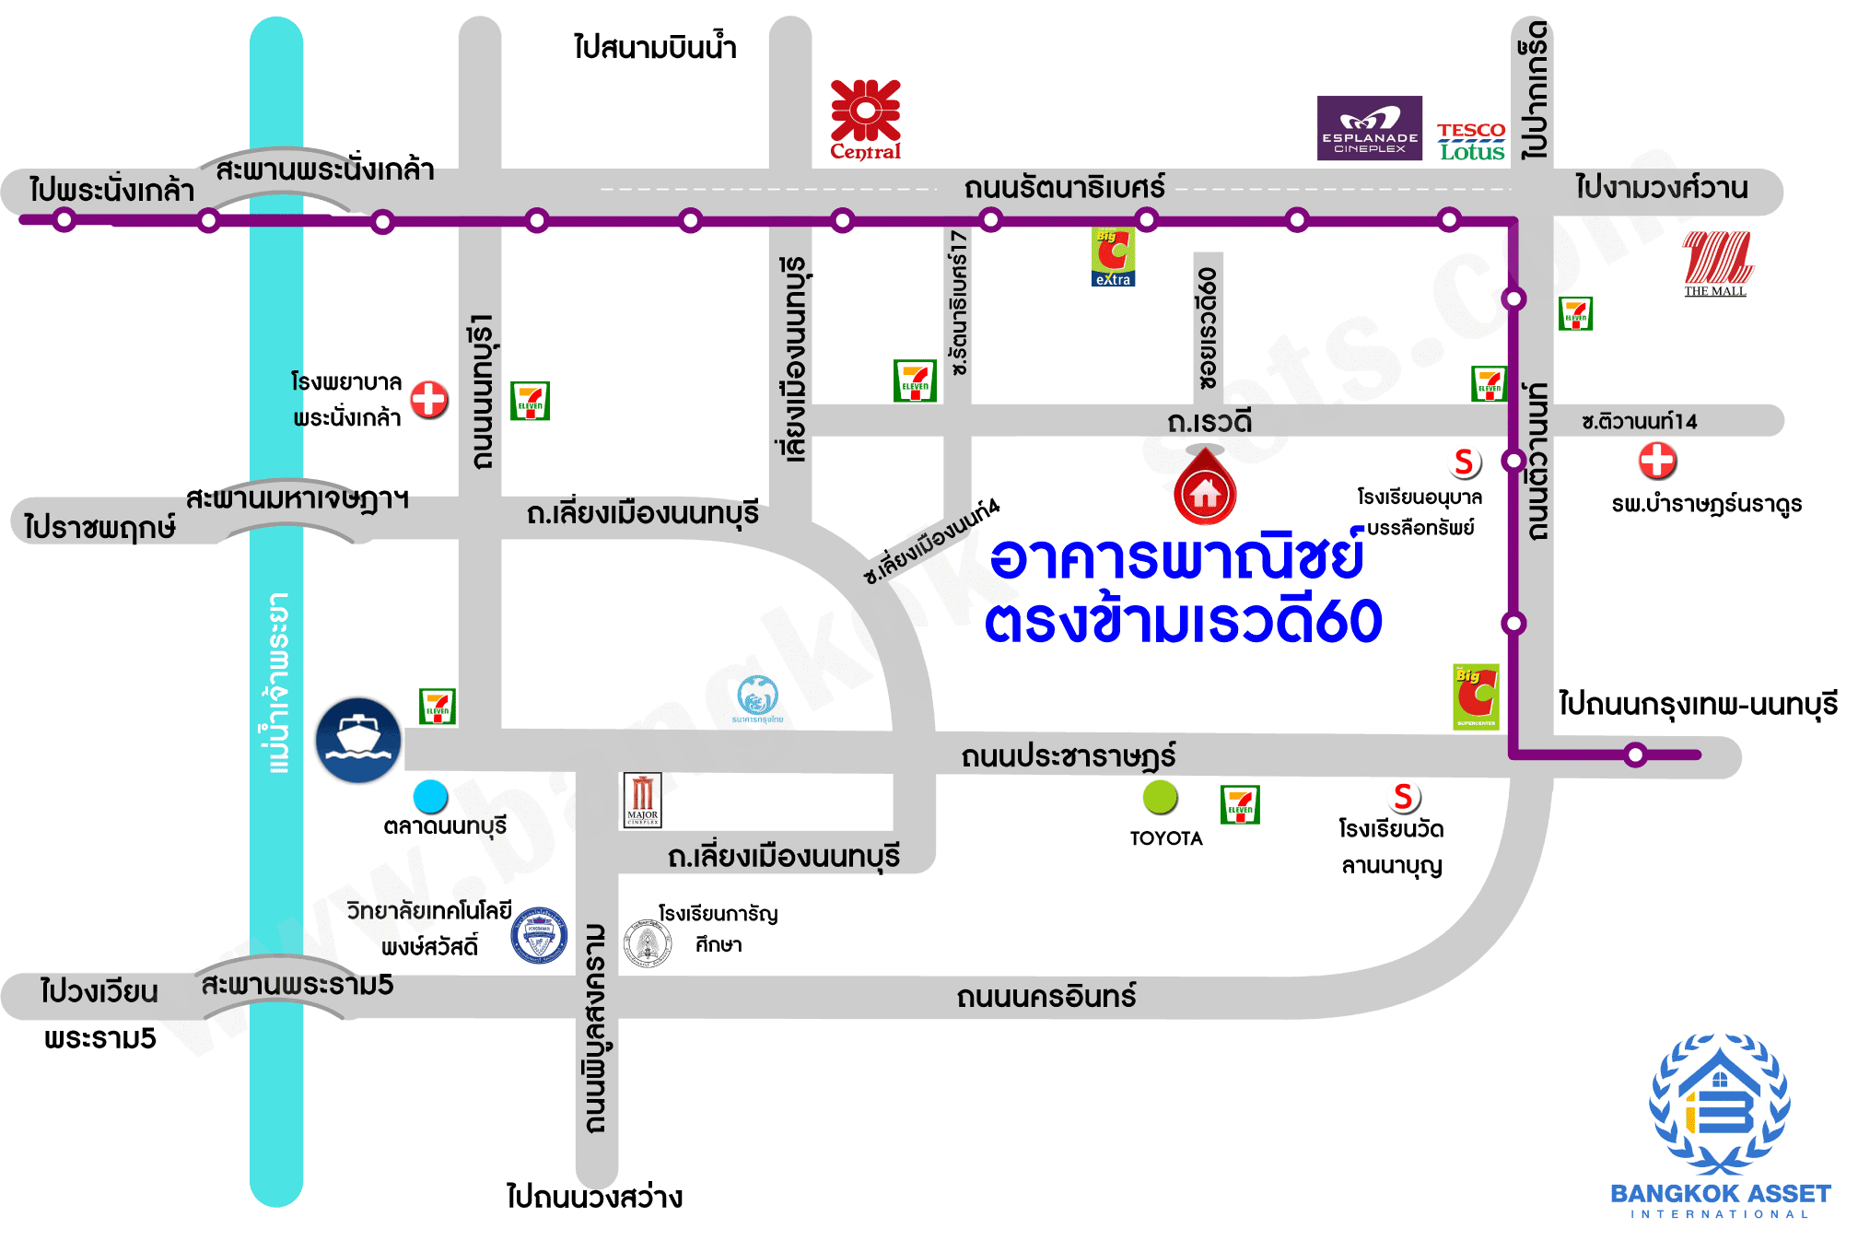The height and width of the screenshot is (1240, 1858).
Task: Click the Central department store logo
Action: coord(865,120)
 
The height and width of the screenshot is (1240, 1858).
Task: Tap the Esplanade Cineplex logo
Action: coord(1369,128)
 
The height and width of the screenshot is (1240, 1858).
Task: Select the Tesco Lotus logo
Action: coord(1471,142)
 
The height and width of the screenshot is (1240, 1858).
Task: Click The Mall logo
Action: coord(1717,263)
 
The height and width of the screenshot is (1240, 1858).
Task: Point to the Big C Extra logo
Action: coord(1113,257)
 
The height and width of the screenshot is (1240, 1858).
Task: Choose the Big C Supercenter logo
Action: coord(1476,696)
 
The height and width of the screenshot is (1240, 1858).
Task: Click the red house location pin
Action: coord(1205,488)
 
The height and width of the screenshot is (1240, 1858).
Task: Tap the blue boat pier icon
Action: coord(358,740)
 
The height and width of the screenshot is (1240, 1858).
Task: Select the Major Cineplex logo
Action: coord(642,800)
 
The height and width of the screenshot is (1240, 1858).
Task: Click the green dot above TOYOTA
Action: coord(1161,797)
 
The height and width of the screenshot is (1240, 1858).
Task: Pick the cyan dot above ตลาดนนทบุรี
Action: coord(430,796)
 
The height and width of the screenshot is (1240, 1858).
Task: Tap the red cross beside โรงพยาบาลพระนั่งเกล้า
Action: coord(429,400)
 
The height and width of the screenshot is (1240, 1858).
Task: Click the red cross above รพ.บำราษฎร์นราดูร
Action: coord(1657,461)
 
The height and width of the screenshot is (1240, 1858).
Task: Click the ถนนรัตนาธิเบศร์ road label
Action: coord(1064,188)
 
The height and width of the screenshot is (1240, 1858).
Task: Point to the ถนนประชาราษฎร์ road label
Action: coord(1068,756)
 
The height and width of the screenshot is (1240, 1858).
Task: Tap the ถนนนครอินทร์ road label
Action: coord(1046,996)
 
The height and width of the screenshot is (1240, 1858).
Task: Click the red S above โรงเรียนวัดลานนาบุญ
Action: coord(1404,797)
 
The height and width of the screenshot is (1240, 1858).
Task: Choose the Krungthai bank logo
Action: coord(757,697)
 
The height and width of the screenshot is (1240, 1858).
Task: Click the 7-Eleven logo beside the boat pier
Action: coord(438,707)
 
